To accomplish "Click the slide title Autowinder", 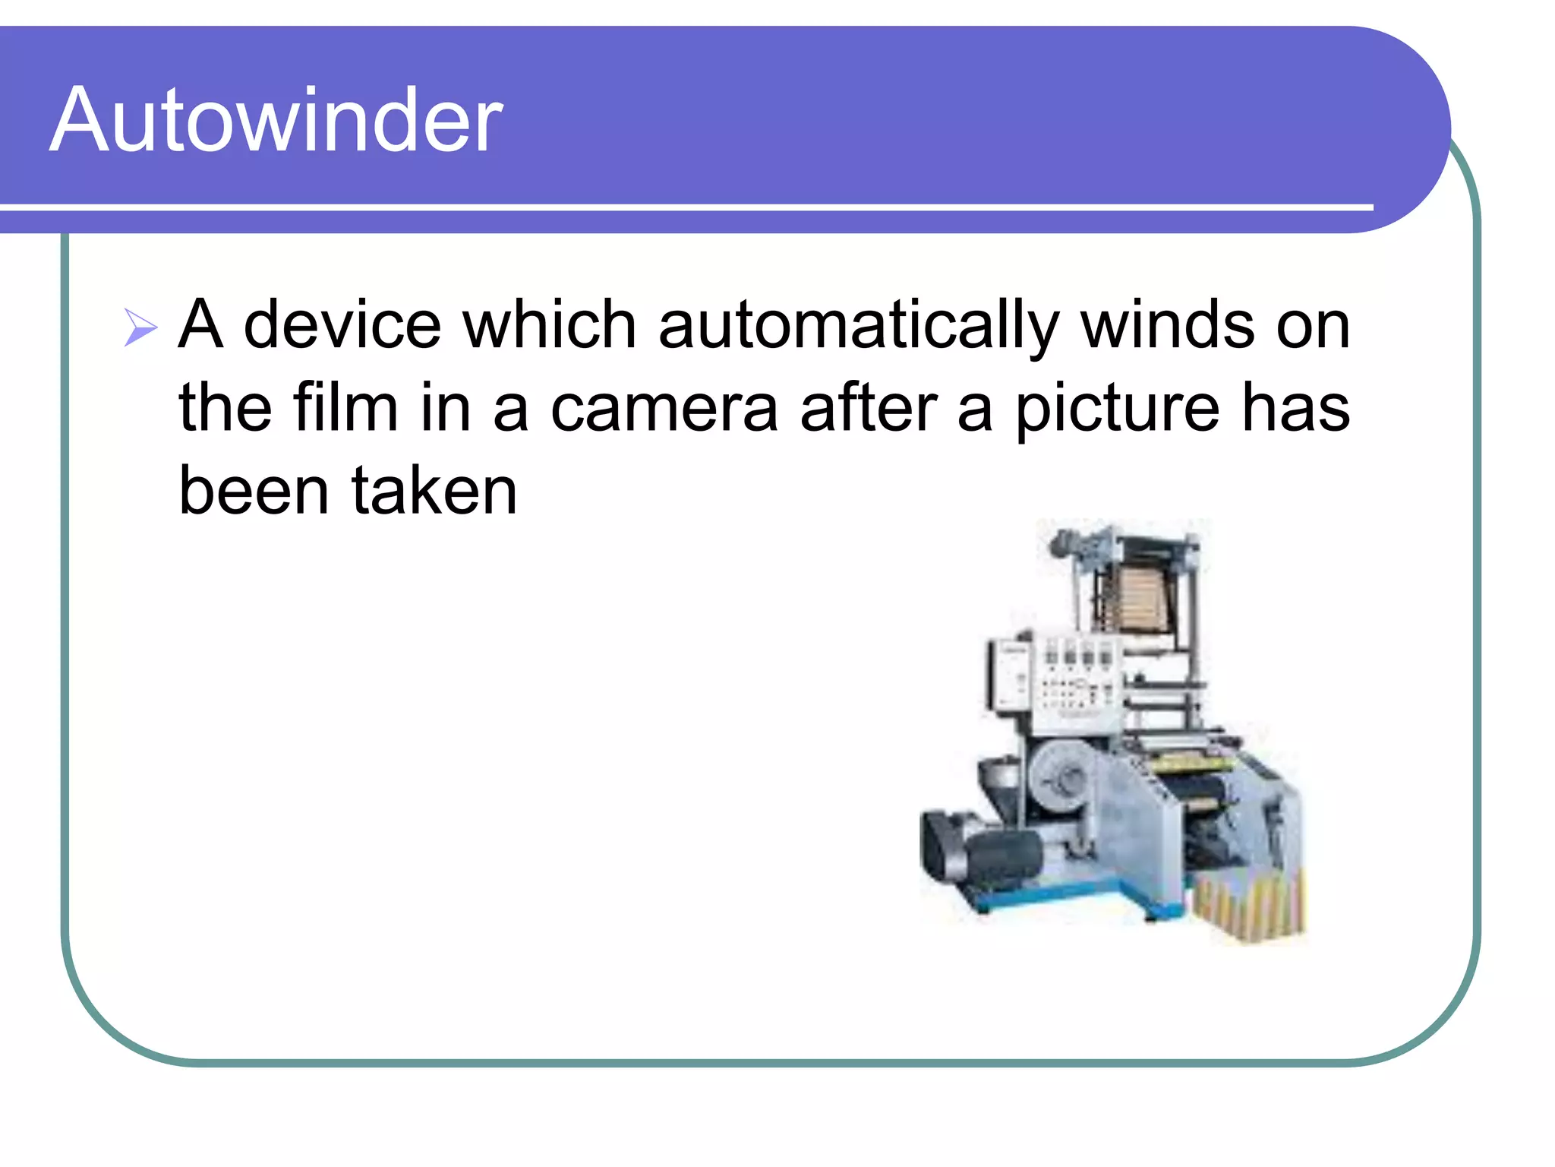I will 276,120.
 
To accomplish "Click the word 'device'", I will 342,325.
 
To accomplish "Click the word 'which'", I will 550,325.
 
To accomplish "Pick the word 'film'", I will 345,408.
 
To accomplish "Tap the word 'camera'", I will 664,410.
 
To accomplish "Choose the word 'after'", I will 869,408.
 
